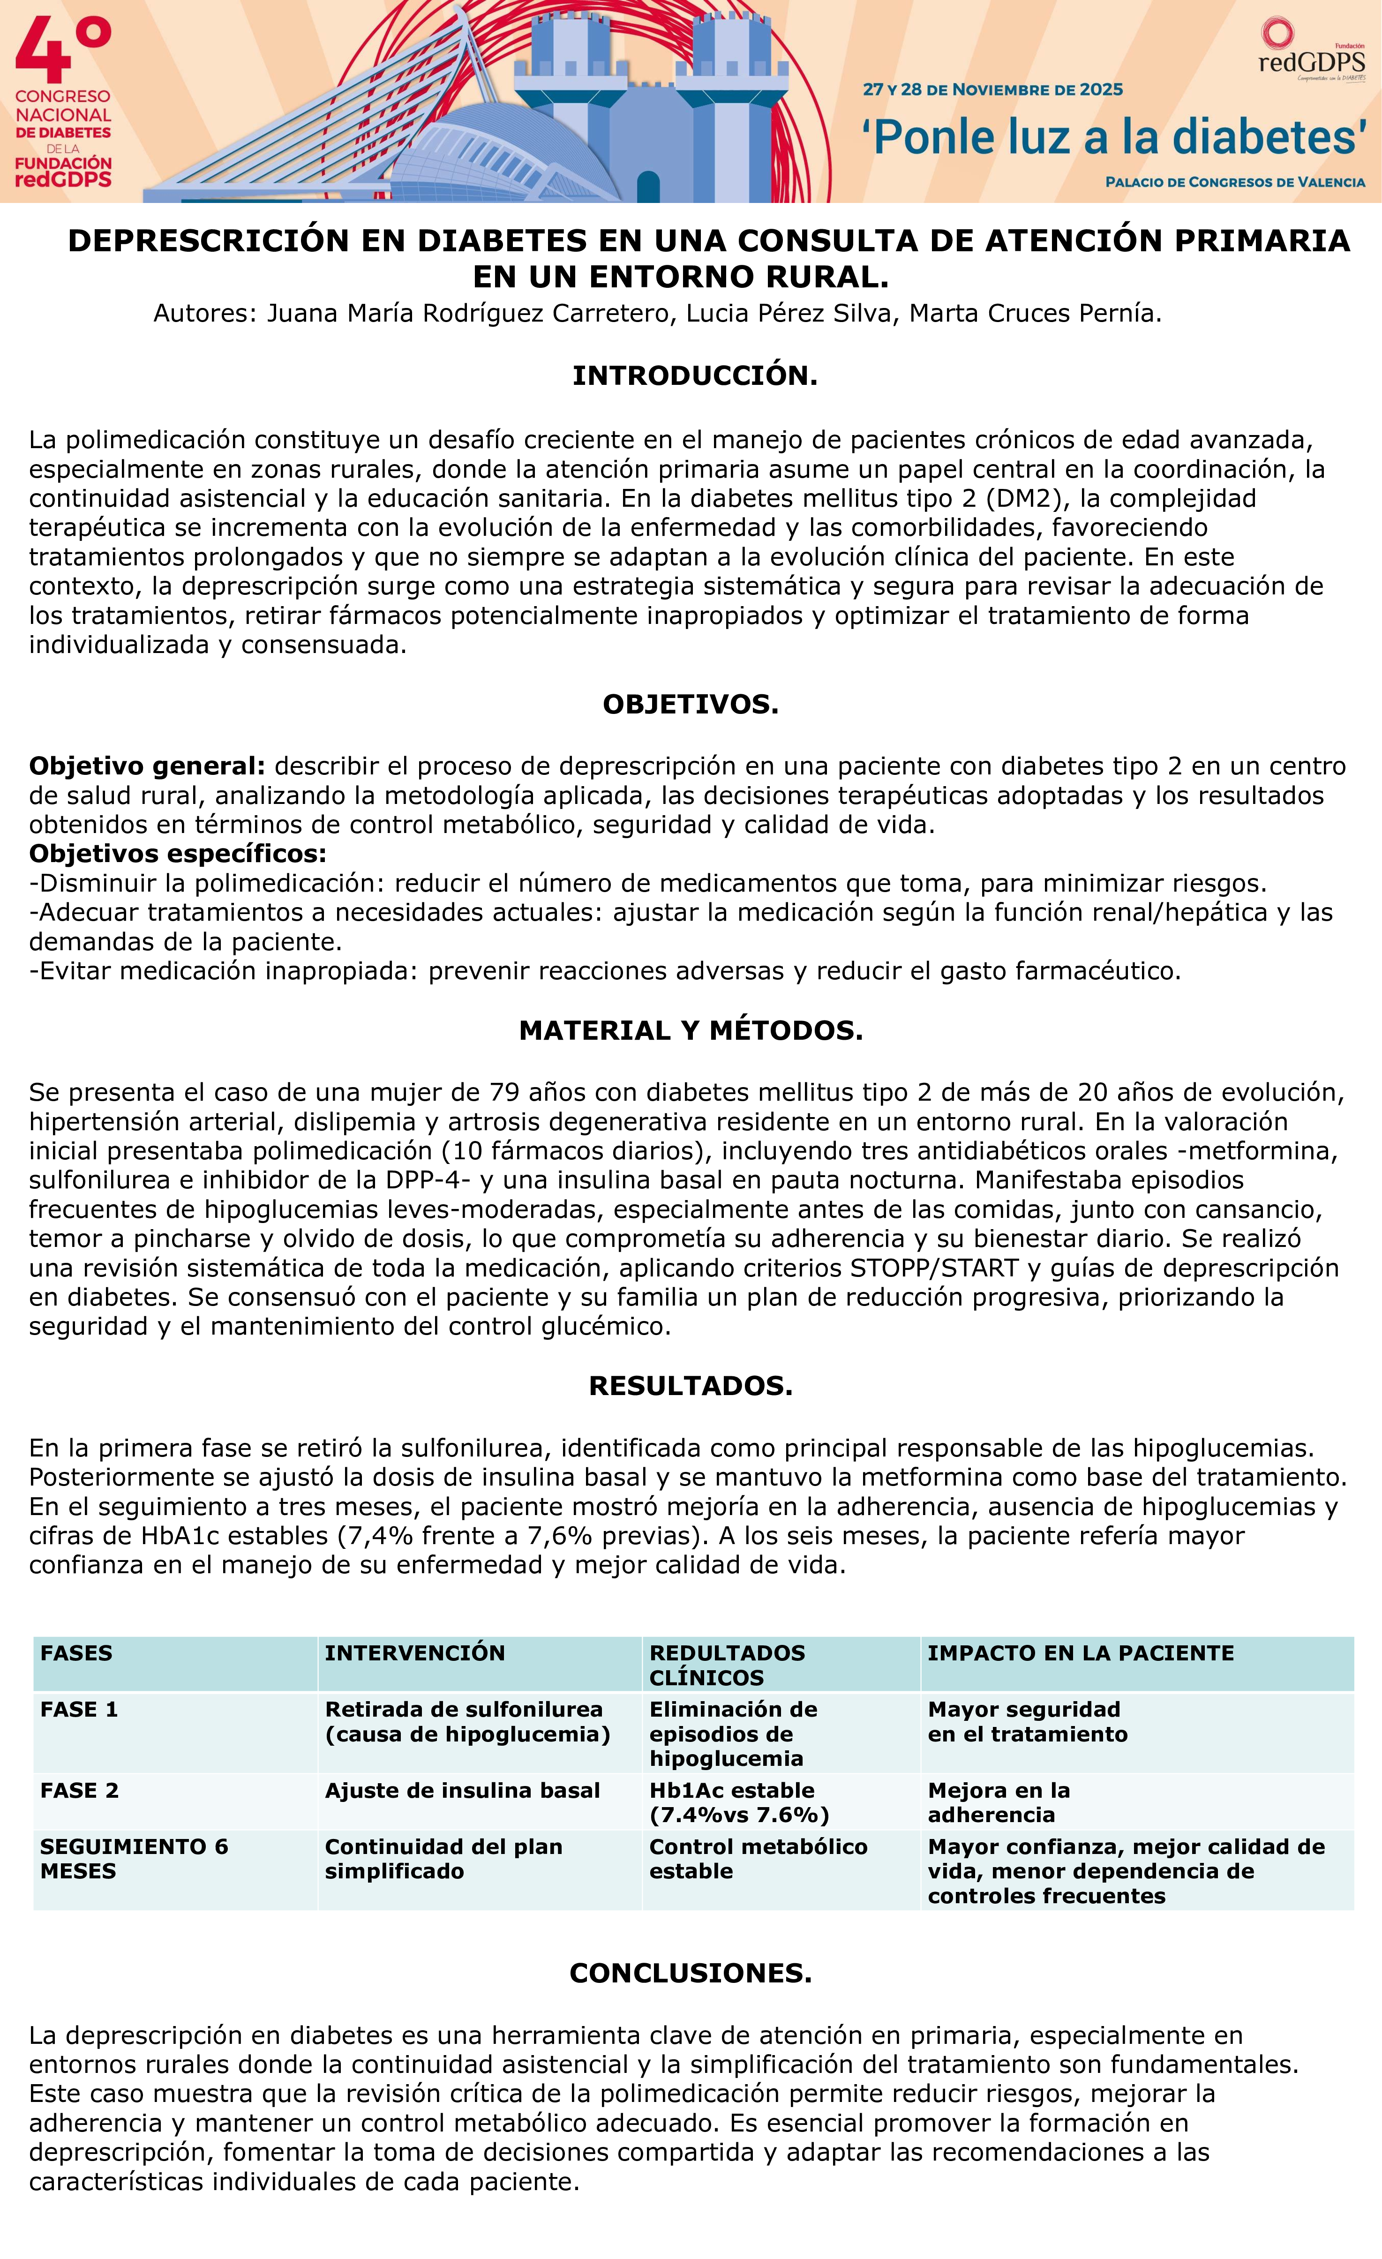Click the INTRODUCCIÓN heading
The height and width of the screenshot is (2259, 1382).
pos(694,376)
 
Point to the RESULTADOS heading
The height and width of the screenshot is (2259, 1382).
pos(691,1385)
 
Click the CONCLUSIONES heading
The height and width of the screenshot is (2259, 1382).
pos(691,1973)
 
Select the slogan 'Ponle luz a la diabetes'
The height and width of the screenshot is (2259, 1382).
pos(1113,137)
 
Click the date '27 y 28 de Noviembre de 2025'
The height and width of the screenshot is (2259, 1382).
pos(992,90)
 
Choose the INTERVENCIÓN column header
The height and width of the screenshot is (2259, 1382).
pos(414,1653)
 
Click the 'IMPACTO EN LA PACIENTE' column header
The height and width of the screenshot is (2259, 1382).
pos(1080,1653)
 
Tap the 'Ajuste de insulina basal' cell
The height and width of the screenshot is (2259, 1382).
pos(462,1791)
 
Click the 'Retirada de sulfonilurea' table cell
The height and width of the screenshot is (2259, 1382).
pos(467,1722)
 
